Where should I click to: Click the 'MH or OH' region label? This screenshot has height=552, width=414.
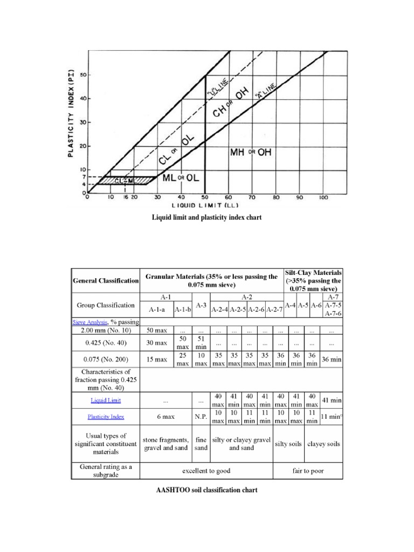(x=251, y=153)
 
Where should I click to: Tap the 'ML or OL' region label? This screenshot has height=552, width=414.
(x=181, y=177)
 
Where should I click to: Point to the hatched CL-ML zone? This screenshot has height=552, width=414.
(x=125, y=181)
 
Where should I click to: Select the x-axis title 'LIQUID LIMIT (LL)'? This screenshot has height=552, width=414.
(x=205, y=205)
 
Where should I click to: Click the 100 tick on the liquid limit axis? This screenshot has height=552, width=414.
(x=323, y=197)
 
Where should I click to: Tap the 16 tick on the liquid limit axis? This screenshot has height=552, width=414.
(x=125, y=197)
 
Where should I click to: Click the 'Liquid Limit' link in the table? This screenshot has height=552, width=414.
(x=105, y=400)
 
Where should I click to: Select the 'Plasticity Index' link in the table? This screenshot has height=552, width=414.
(x=105, y=417)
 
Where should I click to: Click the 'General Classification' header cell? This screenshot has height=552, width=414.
(x=106, y=281)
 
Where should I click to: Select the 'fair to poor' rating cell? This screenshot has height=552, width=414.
(x=308, y=471)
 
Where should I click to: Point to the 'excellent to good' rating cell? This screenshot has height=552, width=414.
(x=206, y=471)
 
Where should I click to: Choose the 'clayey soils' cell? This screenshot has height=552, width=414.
(x=323, y=444)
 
